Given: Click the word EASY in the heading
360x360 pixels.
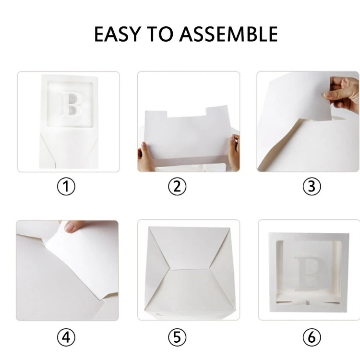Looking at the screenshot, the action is coord(117,34).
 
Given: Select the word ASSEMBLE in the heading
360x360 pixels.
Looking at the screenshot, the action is coord(228,34).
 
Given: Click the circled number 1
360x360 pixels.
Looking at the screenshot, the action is coord(66,186).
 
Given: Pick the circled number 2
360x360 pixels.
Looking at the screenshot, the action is coord(177,186).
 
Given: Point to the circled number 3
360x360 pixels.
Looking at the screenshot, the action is coord(312,186).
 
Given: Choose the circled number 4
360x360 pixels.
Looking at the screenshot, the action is coord(66,337).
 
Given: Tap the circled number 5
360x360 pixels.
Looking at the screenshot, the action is coord(177,337).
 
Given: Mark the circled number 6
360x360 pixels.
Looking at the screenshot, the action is coord(312,337).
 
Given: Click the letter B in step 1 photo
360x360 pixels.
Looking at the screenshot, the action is coord(72,104).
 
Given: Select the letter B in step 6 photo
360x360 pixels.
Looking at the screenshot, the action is coord(309,274).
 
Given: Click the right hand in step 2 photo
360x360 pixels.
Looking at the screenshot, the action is coord(234,152).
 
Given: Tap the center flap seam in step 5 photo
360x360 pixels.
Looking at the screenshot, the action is coord(190,269).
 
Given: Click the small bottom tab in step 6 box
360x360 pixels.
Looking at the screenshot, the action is coord(308,302).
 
